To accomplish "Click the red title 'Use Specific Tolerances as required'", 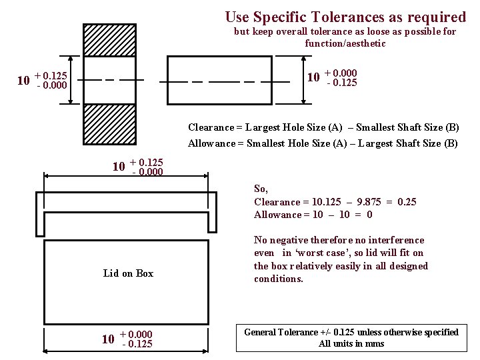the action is [345, 17].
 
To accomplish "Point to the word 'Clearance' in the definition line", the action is [211, 127].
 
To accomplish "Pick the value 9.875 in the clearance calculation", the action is [369, 202].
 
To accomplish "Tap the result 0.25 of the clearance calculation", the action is [407, 202].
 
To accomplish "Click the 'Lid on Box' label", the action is [128, 273].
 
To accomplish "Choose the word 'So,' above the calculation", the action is [261, 189].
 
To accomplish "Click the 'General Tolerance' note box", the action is [351, 337].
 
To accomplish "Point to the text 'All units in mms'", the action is [351, 344].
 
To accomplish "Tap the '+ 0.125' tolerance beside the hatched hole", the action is [51, 76].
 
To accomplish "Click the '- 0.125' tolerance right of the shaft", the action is [342, 83].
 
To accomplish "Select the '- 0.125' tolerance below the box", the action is [137, 345].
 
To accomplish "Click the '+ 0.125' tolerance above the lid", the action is [147, 162].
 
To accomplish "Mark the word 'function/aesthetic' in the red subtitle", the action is [345, 43].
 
